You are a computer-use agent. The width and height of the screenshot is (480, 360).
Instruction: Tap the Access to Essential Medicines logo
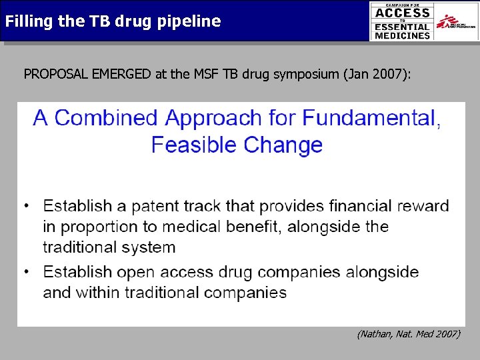[402, 22]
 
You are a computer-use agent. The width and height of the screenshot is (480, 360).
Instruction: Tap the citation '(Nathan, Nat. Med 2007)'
[408, 333]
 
